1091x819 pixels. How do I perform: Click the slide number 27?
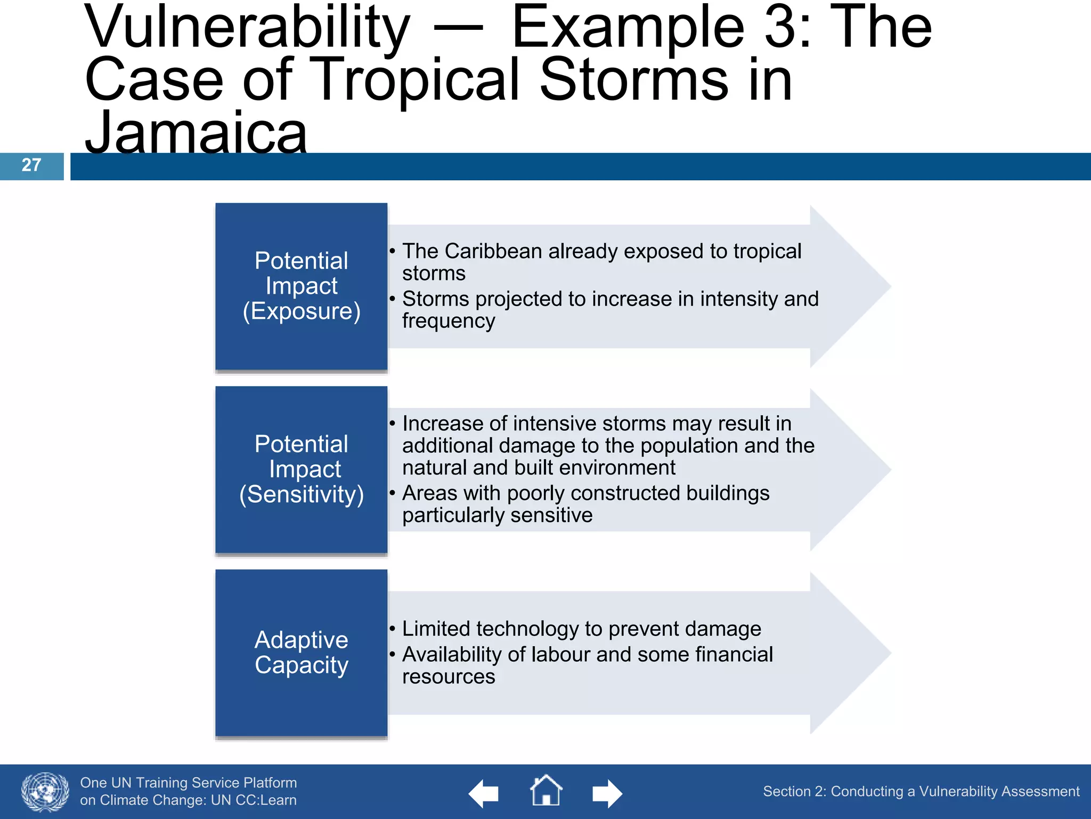(31, 165)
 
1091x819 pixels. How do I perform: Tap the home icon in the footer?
(546, 791)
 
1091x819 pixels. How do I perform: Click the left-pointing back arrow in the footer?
(484, 794)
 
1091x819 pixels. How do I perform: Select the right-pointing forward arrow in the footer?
(607, 794)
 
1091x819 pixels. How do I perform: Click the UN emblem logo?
(45, 792)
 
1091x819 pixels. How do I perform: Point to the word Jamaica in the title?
(196, 133)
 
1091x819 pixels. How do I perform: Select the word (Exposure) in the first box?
(302, 311)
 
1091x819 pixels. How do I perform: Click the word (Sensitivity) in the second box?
(302, 495)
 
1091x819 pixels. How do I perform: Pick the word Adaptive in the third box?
(302, 640)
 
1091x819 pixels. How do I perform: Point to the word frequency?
(449, 321)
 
